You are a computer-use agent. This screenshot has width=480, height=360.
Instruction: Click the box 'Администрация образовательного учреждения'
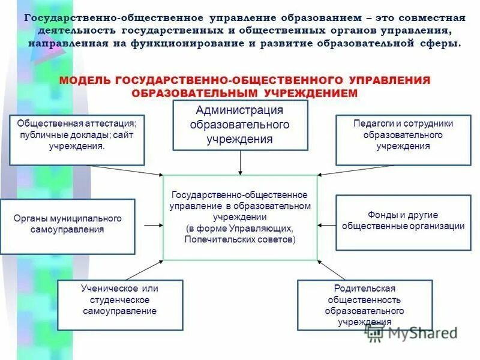click(240, 125)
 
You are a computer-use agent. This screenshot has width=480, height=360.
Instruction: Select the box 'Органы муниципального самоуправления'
click(67, 224)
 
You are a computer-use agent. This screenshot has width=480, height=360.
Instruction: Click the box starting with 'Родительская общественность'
click(364, 305)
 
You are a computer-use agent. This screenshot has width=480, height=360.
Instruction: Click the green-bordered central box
click(240, 217)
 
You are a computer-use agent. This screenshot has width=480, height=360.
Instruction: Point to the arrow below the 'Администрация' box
click(240, 162)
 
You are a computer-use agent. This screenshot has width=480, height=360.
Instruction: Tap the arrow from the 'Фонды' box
click(326, 225)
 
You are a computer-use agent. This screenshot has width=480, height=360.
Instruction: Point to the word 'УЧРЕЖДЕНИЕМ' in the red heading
click(310, 93)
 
